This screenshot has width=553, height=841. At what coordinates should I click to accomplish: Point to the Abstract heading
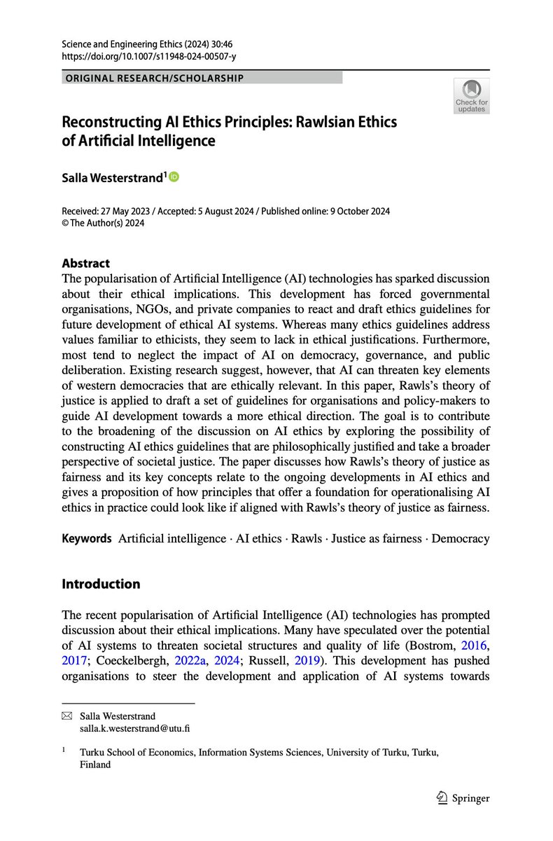86,264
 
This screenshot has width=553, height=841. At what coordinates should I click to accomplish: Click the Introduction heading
101,584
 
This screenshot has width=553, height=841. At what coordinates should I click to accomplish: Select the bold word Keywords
87,538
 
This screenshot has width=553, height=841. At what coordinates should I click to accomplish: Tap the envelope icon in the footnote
67,716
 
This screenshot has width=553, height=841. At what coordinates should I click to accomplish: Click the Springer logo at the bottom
459,798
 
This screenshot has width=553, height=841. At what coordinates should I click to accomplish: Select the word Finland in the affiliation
96,765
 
